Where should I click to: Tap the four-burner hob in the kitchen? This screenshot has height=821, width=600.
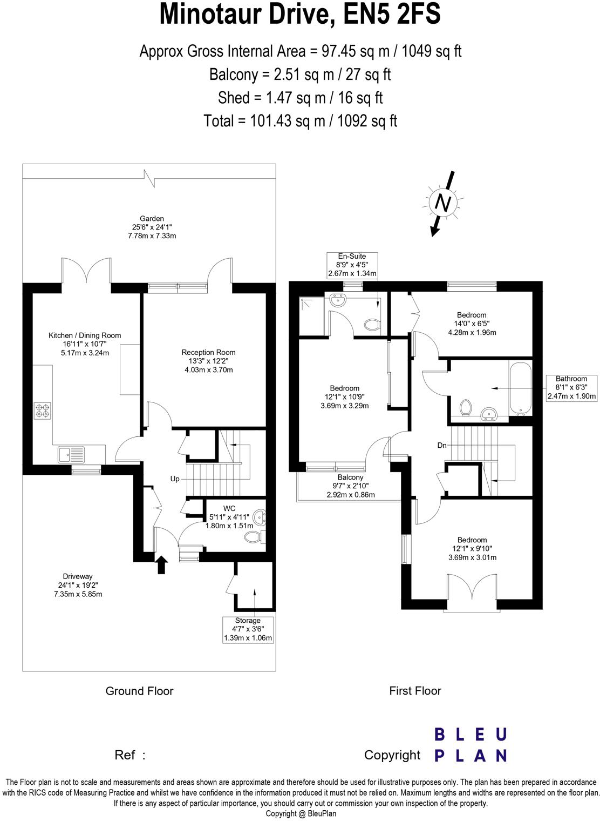tap(43, 411)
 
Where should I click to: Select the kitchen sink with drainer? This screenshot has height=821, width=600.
tap(71, 454)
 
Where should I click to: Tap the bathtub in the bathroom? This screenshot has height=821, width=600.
tap(520, 389)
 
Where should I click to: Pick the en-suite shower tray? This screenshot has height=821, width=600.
tap(311, 316)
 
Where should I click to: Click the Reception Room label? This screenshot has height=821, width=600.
tap(208, 352)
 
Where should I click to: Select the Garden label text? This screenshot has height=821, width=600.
tap(152, 218)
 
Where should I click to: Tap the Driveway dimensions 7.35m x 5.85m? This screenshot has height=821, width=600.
tap(78, 594)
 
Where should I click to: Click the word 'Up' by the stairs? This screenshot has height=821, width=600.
tap(175, 479)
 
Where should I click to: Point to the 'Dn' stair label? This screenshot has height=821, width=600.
tap(442, 445)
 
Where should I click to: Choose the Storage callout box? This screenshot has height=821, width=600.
tap(248, 629)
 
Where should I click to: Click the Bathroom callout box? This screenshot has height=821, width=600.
tap(571, 387)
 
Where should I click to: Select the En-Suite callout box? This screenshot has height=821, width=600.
tap(352, 265)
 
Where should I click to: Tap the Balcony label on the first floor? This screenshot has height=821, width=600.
tap(350, 477)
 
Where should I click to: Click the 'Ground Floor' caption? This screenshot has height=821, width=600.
tap(139, 691)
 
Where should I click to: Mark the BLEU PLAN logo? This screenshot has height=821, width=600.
tap(471, 745)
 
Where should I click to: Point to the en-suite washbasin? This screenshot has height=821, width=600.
tap(338, 300)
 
